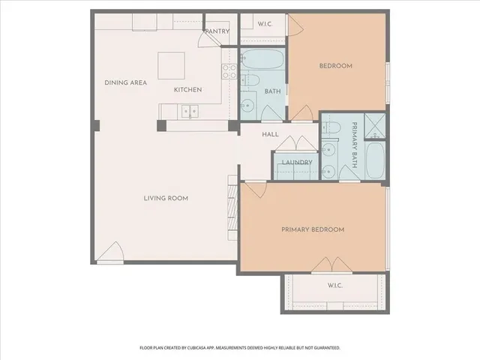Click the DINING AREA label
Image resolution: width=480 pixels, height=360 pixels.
[x=126, y=82]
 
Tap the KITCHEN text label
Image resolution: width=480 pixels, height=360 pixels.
[x=187, y=90]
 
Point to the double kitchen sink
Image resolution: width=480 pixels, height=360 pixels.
[x=189, y=112]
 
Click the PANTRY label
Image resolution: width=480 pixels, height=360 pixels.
[x=217, y=31]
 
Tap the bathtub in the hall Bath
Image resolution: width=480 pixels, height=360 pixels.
[x=262, y=58]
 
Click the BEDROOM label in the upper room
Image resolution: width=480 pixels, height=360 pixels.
[x=335, y=66]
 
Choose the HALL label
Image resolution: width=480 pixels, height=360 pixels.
[x=270, y=134]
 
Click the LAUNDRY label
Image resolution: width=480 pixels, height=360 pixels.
[x=292, y=163]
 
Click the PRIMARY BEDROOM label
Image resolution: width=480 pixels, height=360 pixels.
[x=313, y=229]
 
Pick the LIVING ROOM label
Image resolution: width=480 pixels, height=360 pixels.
[x=166, y=198]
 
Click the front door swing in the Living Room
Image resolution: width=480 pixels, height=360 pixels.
[x=112, y=253]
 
